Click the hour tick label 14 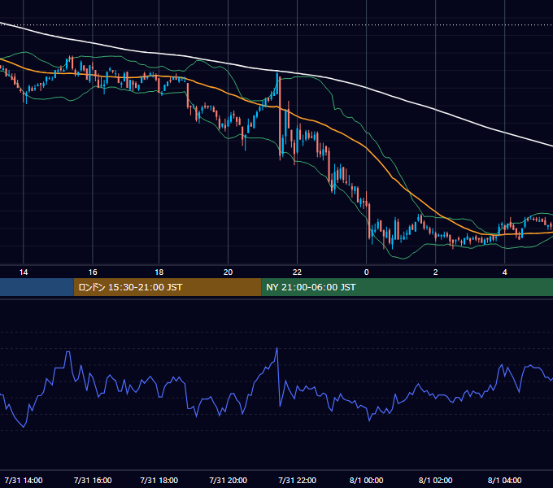coord(24,272)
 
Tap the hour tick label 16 coord(93,272)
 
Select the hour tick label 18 coord(159,272)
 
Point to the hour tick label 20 coord(229,272)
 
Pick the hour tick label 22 coord(298,272)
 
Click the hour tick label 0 coord(367,272)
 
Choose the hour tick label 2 coord(436,272)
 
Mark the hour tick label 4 coord(505,272)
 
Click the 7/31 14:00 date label coord(24,480)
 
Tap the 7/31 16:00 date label coord(93,480)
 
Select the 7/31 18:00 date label coord(159,480)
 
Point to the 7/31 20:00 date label coord(229,480)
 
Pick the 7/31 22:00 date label coord(298,480)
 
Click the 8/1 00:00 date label coord(367,480)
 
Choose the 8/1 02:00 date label coord(436,480)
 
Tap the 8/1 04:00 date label coord(505,480)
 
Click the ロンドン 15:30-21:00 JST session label coord(130,287)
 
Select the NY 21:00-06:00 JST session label coord(311,287)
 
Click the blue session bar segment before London coord(37,287)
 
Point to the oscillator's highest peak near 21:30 coord(276,348)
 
